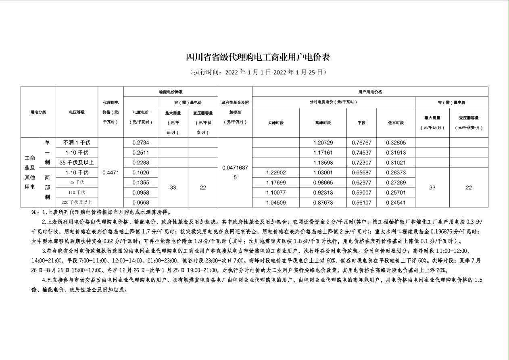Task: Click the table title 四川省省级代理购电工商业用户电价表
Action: pyautogui.click(x=258, y=57)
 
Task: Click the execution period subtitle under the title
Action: pyautogui.click(x=258, y=72)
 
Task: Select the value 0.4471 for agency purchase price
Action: pyautogui.click(x=111, y=172)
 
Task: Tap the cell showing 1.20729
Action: pyautogui.click(x=323, y=142)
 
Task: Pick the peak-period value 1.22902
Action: pyautogui.click(x=276, y=172)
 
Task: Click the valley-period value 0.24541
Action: pyautogui.click(x=396, y=202)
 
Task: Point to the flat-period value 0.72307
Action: pyautogui.click(x=361, y=163)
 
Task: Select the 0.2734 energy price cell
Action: pyautogui.click(x=141, y=142)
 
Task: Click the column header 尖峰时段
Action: pyautogui.click(x=276, y=123)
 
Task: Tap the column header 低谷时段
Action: pyautogui.click(x=396, y=123)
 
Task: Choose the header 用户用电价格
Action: pyautogui.click(x=370, y=92)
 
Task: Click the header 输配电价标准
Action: pyautogui.click(x=171, y=92)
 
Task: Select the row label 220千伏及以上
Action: pyautogui.click(x=77, y=202)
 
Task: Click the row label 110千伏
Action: pyautogui.click(x=77, y=193)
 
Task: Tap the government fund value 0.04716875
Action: pyautogui.click(x=235, y=172)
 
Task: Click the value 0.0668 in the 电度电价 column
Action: pyautogui.click(x=141, y=202)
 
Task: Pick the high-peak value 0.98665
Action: pyautogui.click(x=323, y=182)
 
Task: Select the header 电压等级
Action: pyautogui.click(x=77, y=112)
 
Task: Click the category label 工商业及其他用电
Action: pyautogui.click(x=30, y=172)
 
